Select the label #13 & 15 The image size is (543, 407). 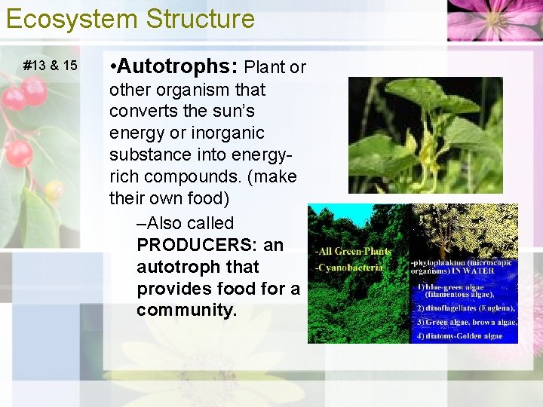(x=51, y=66)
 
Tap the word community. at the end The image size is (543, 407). (x=186, y=310)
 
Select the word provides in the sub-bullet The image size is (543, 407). (x=175, y=289)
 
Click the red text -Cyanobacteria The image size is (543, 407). (x=349, y=267)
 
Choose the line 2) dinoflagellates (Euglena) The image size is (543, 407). (x=465, y=308)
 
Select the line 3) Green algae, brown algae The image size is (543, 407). (x=466, y=323)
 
